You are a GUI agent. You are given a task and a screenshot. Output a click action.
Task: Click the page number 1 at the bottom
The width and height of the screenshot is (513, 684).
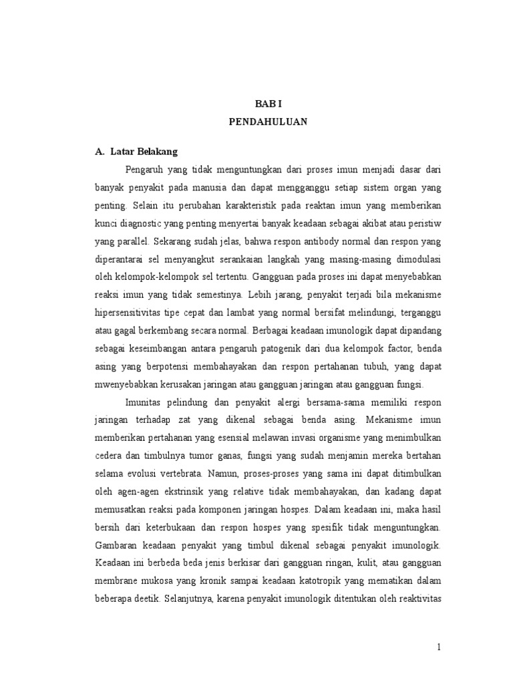(x=439, y=647)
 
